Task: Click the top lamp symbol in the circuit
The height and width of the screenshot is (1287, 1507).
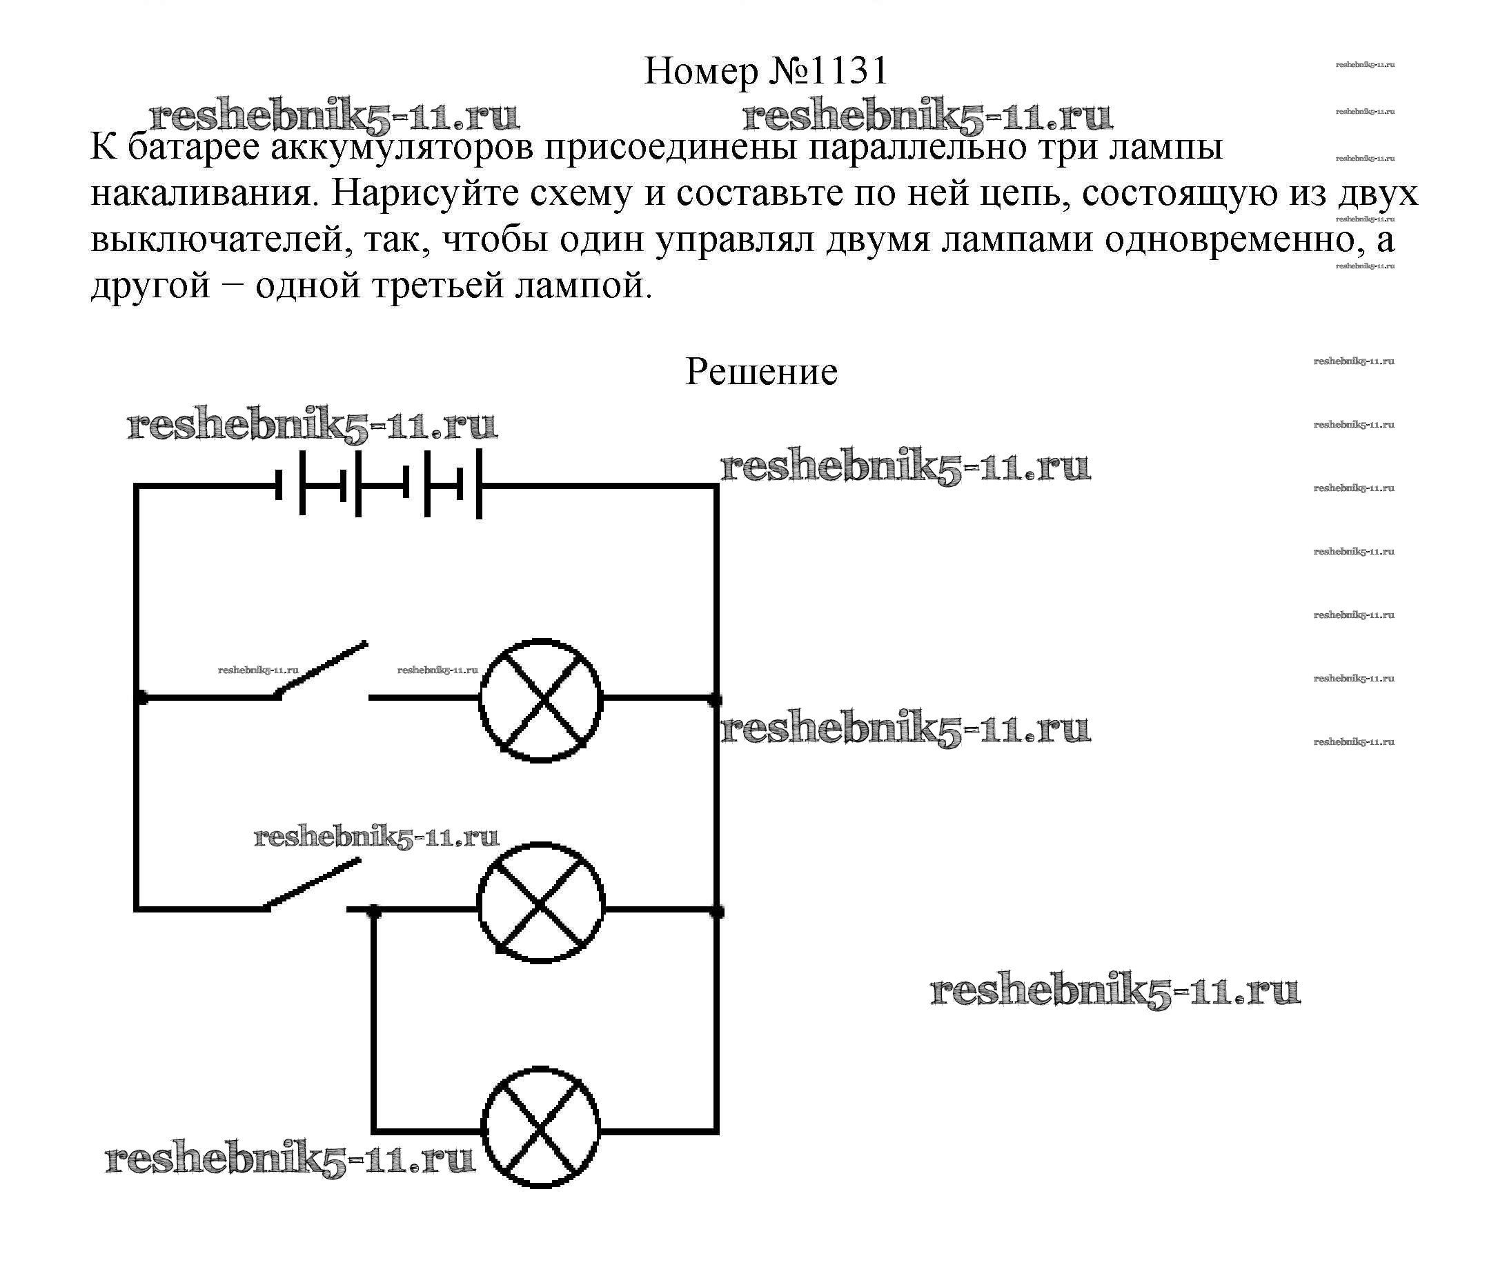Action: pos(540,700)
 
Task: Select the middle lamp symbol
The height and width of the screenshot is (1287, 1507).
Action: pos(540,904)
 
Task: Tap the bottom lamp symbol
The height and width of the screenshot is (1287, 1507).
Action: pos(540,1128)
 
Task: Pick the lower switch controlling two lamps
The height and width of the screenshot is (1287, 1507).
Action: pos(313,886)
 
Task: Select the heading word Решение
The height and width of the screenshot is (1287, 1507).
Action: pos(761,372)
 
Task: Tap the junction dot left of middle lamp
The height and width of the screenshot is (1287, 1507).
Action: pos(373,910)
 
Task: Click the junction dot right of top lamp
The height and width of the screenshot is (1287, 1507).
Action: pos(716,700)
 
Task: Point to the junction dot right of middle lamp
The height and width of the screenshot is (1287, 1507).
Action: pos(717,911)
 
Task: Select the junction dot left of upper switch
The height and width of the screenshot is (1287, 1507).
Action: pos(141,698)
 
